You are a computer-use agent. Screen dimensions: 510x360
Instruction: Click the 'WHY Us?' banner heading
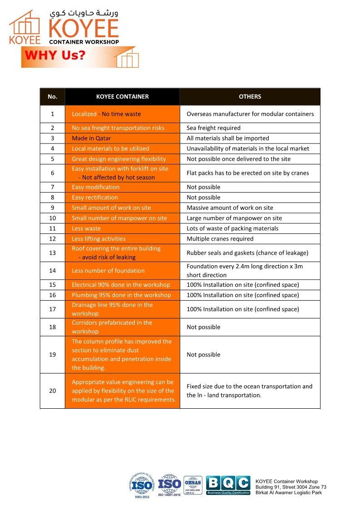[x=55, y=56]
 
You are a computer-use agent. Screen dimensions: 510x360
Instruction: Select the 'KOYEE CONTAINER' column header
[x=122, y=97]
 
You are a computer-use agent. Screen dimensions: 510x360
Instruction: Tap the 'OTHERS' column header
[x=250, y=97]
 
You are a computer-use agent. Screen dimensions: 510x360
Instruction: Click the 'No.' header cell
[x=52, y=97]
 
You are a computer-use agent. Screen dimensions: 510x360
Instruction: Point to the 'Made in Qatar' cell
[x=91, y=138]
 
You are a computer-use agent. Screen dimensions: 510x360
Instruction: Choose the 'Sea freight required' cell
[x=213, y=128]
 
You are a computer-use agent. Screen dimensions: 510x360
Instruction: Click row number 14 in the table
[x=52, y=271]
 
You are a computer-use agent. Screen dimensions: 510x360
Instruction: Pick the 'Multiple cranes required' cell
[x=220, y=239]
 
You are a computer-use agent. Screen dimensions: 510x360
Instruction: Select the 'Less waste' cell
[x=86, y=228]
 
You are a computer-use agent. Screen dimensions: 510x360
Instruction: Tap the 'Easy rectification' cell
[x=94, y=198]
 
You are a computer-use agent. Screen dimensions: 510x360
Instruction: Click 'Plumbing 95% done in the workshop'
[x=121, y=295]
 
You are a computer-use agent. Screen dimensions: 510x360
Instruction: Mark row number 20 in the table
[x=52, y=391]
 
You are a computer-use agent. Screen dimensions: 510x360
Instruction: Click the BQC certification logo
[x=228, y=485]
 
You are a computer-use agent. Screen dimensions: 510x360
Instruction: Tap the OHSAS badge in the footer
[x=193, y=485]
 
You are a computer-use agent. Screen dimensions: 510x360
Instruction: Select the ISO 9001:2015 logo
[x=142, y=485]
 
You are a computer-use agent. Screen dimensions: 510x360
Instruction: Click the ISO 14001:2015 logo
[x=169, y=485]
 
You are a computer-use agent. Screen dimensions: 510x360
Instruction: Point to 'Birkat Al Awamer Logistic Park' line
[x=289, y=493]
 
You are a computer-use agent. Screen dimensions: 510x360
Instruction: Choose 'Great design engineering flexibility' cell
[x=118, y=159]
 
